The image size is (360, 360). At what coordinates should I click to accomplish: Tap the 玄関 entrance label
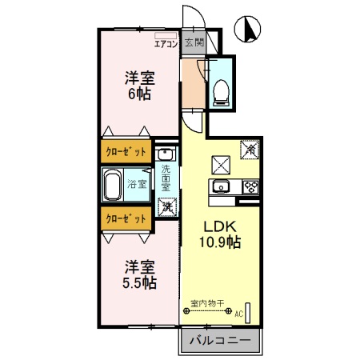pyautogui.click(x=194, y=43)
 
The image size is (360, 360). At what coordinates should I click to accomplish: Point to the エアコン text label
pyautogui.click(x=165, y=44)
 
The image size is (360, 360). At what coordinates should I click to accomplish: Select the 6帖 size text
pyautogui.click(x=138, y=94)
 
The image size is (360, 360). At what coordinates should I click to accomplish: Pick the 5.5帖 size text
pyautogui.click(x=138, y=282)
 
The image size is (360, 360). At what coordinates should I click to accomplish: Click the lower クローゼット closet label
pyautogui.click(x=126, y=217)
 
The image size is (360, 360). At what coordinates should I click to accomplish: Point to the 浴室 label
pyautogui.click(x=138, y=185)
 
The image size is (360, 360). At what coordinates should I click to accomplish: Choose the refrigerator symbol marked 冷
pyautogui.click(x=250, y=148)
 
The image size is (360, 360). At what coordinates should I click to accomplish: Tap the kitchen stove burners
pyautogui.click(x=250, y=188)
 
